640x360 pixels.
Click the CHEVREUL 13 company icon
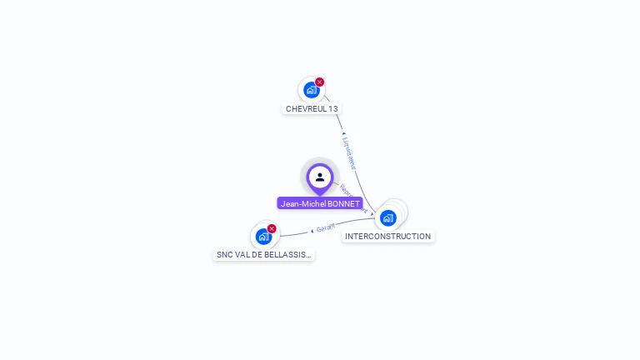click(311, 89)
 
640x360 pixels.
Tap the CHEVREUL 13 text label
click(312, 108)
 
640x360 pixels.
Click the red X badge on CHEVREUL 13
click(320, 82)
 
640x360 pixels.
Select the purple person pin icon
click(320, 177)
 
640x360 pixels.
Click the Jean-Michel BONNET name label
click(320, 203)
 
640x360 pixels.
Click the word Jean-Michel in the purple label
click(302, 203)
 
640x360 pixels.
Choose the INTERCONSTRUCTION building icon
click(387, 218)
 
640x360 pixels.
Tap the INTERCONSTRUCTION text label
click(387, 237)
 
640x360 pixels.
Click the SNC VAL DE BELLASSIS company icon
click(264, 237)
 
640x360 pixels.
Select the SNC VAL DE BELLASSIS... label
click(264, 255)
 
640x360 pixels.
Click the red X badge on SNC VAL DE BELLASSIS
click(272, 228)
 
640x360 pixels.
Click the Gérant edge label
click(326, 227)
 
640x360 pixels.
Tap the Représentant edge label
click(353, 199)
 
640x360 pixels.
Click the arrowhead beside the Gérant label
click(312, 230)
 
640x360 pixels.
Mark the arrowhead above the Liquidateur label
click(343, 133)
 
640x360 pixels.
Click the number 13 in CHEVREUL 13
click(333, 108)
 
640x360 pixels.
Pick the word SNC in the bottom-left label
click(224, 255)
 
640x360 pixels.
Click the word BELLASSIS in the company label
click(291, 255)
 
